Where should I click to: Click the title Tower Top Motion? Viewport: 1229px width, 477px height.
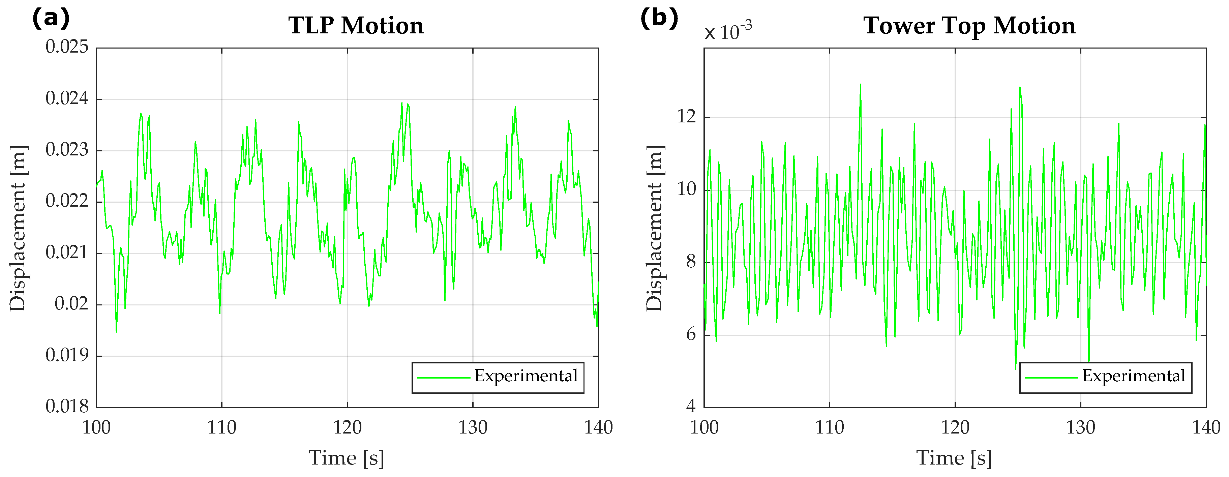(x=969, y=25)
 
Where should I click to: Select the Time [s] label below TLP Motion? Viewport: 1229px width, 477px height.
(x=347, y=458)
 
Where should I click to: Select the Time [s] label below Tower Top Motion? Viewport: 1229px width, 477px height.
(x=954, y=458)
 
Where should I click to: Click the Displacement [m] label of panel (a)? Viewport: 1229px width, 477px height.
(x=18, y=228)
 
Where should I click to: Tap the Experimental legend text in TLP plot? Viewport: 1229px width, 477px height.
(x=526, y=376)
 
